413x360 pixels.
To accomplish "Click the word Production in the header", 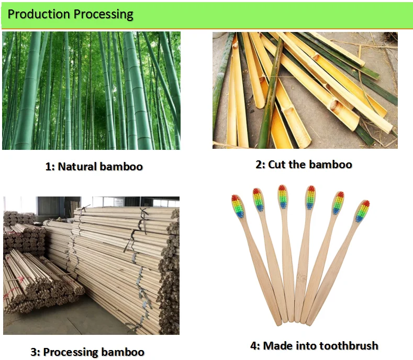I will (x=38, y=14).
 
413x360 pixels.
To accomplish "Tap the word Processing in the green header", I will (x=103, y=14).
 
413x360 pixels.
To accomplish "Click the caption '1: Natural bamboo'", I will (x=94, y=167).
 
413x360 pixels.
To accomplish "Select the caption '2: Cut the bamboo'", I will (x=304, y=165).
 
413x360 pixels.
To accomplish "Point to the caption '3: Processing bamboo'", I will (x=87, y=352).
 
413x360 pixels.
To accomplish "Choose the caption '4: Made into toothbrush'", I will (x=314, y=345).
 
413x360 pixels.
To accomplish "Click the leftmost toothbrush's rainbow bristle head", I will (x=238, y=206).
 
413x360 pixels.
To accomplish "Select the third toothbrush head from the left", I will (x=283, y=197).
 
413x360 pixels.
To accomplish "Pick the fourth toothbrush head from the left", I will (x=310, y=198).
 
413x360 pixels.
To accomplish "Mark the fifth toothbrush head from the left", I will (x=338, y=203).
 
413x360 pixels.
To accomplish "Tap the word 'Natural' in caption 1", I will (x=77, y=167).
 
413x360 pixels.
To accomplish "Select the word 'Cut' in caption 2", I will (x=277, y=165).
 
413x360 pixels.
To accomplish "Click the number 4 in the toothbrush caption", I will (x=253, y=345).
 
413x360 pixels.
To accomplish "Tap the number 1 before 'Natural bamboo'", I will (x=48, y=167).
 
